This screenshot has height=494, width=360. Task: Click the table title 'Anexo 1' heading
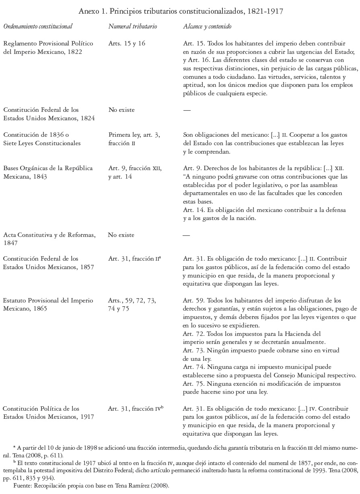(x=181, y=11)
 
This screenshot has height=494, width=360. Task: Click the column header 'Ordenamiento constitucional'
(x=38, y=27)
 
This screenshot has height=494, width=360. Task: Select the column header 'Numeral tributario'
(x=132, y=27)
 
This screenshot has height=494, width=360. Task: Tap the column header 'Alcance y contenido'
(x=207, y=27)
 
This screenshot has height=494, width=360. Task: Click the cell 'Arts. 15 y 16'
(x=127, y=43)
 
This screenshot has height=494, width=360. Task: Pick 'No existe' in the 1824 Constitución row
(x=121, y=109)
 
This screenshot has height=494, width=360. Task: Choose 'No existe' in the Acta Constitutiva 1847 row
(x=121, y=235)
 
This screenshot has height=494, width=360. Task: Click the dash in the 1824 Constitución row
(x=187, y=110)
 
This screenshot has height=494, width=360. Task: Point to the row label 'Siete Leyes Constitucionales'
(x=42, y=143)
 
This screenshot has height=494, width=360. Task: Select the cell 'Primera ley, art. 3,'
(x=134, y=135)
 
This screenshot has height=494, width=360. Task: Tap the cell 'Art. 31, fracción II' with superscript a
(x=134, y=259)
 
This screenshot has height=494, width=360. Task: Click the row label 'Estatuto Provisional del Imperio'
(x=48, y=301)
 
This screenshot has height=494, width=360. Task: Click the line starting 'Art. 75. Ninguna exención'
(x=261, y=384)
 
